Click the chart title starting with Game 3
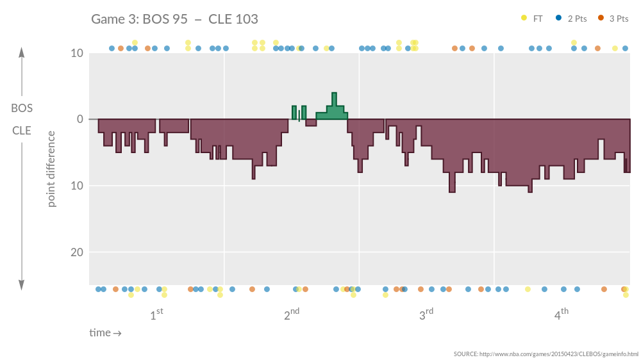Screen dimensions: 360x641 coord(174,19)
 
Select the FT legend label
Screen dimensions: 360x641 coord(538,19)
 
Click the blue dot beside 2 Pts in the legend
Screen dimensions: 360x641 coord(558,18)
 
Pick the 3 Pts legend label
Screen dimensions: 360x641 coord(619,19)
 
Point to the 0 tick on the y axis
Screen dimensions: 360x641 coord(79,119)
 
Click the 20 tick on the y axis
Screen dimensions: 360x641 coord(77,252)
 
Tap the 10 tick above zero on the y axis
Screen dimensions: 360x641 coord(77,53)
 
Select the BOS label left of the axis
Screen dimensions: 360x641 coord(22,108)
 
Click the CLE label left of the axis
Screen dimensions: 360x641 coord(22,131)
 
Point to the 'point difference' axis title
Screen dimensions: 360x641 coord(51,168)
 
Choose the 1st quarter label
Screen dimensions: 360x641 coord(156,315)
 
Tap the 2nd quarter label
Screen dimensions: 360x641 coord(292,315)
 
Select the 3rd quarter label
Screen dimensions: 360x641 coord(426,315)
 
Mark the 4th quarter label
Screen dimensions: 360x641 coord(562,315)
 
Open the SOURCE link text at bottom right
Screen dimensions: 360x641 coord(545,354)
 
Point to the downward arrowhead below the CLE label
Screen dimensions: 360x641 coord(22,286)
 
